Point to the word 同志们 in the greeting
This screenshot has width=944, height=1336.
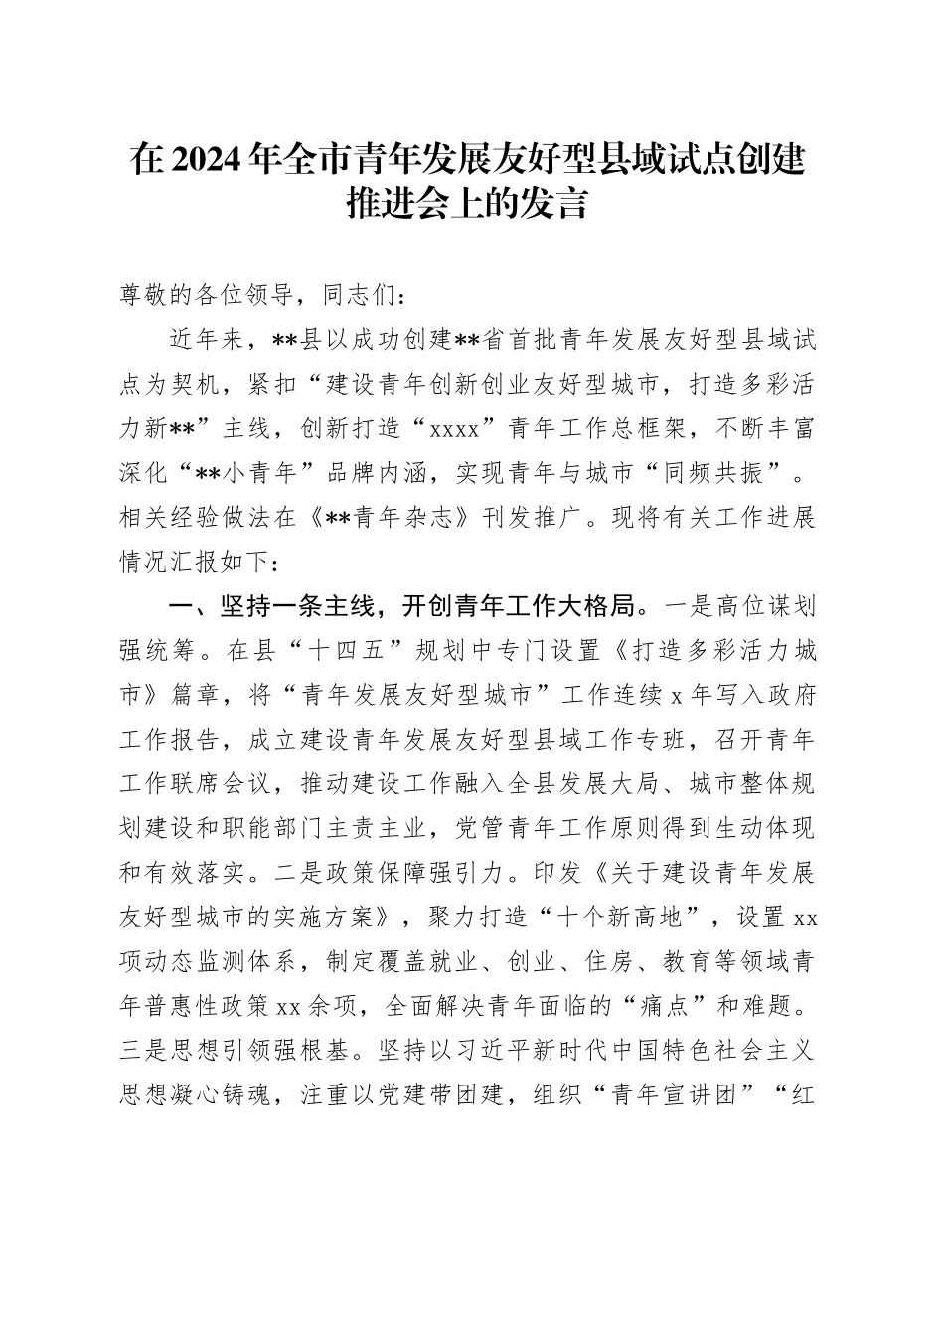[345, 296]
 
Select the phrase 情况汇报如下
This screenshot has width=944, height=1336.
[190, 563]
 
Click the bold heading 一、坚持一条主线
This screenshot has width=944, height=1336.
[257, 606]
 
